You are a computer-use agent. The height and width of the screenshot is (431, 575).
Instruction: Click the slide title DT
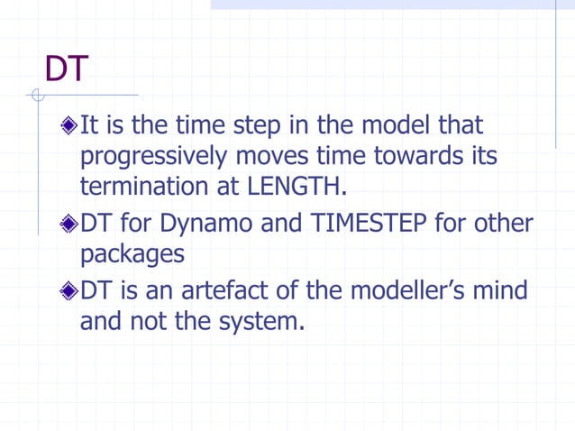point(67,69)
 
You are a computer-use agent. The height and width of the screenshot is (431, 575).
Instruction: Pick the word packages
point(132,255)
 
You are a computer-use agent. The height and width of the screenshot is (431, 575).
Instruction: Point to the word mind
point(502,292)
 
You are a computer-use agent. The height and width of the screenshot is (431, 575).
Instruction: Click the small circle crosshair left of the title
point(36,95)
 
